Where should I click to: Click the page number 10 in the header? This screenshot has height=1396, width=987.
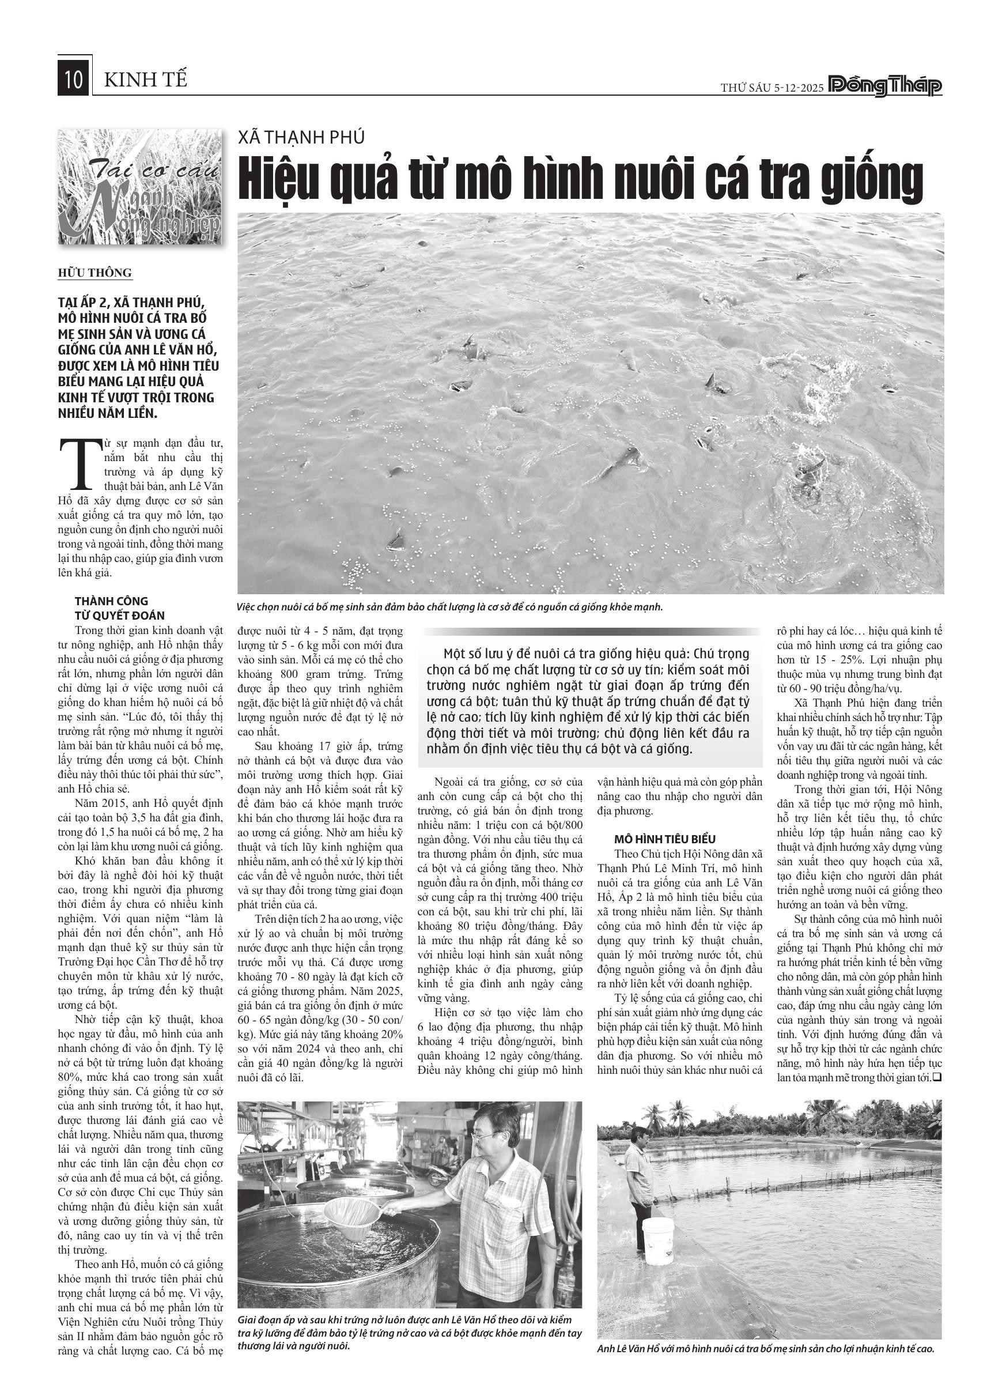pos(74,80)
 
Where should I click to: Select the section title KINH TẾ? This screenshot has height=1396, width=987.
pos(146,80)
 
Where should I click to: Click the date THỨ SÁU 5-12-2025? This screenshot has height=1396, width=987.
pos(772,88)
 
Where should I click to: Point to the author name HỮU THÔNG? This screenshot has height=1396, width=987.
pos(95,273)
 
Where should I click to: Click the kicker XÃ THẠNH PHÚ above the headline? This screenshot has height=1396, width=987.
pos(301,137)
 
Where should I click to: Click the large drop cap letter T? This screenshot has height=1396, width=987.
pos(78,463)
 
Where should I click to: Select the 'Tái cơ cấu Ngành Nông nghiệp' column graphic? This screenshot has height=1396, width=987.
pos(140,187)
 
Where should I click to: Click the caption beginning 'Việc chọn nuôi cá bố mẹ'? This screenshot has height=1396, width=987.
pos(450,607)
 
